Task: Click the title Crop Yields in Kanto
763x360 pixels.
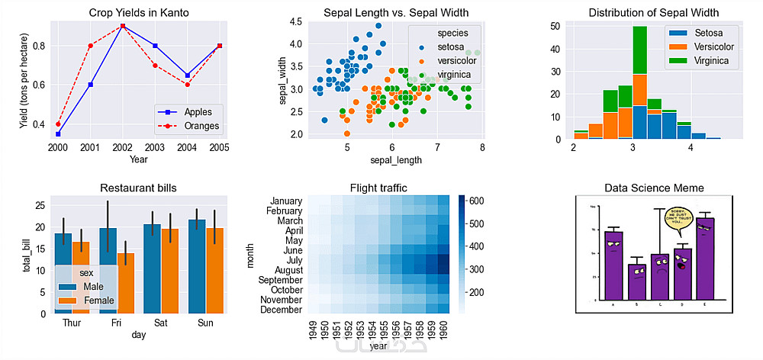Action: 138,13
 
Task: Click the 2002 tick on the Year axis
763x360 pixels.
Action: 121,147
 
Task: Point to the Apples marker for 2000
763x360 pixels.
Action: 58,133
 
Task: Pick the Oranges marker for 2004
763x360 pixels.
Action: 187,84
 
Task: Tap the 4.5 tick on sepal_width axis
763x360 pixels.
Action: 295,21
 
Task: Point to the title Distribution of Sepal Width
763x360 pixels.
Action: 653,13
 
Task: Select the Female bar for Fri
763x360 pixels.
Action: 125,283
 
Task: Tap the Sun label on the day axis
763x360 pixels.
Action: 205,323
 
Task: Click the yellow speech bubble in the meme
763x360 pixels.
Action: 678,218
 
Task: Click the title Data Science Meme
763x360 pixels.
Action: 654,188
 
